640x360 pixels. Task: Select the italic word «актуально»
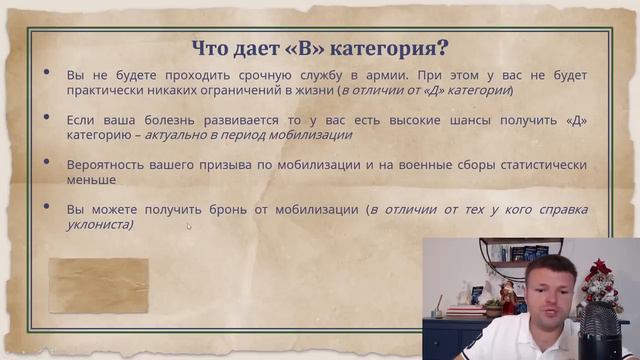tap(178, 135)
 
